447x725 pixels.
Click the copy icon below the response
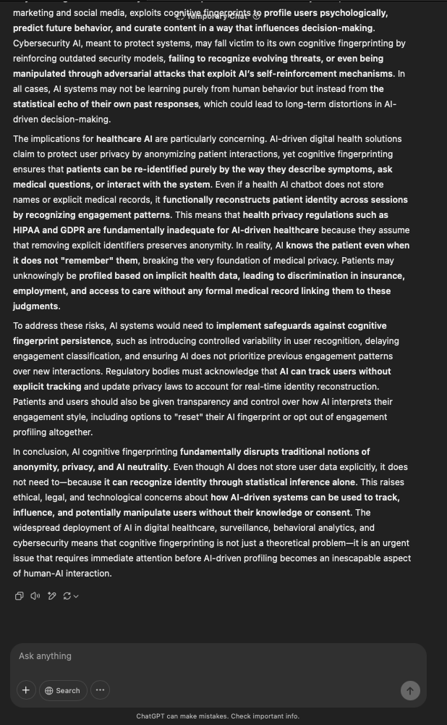(20, 596)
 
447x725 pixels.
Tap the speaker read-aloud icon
(35, 596)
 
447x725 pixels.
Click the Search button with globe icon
(63, 690)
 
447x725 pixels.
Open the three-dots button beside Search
(100, 690)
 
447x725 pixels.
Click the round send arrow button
(410, 690)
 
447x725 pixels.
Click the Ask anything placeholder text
(45, 656)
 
